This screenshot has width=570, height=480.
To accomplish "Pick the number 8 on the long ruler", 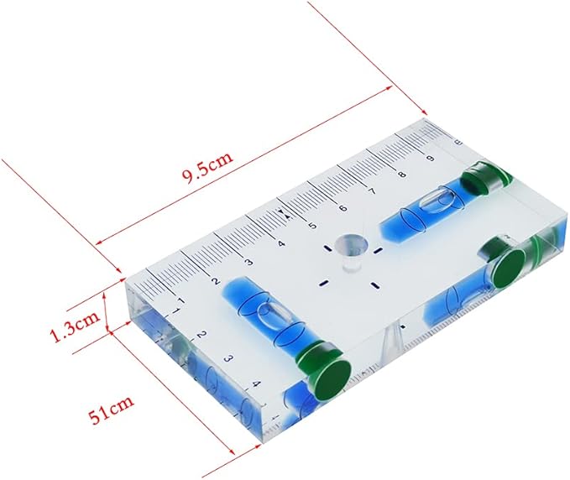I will click(401, 174).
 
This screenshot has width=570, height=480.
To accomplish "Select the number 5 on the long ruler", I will click(311, 225).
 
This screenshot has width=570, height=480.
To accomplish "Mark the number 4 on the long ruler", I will click(280, 243).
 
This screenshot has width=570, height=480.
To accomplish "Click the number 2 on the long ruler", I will click(216, 281).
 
